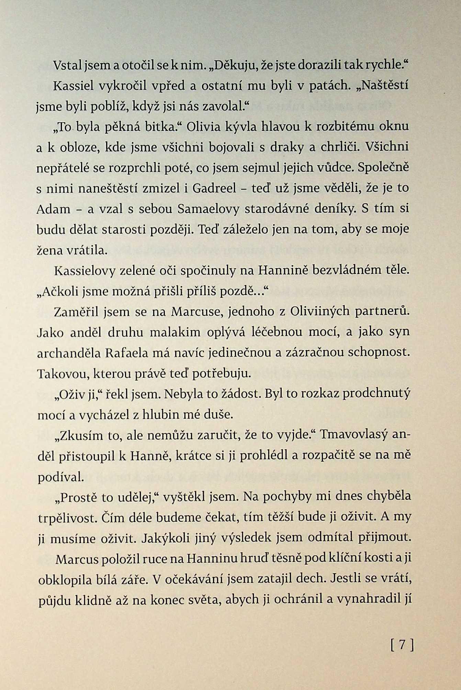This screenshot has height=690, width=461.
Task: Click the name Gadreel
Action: click(x=214, y=189)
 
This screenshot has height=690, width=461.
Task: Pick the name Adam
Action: click(x=53, y=209)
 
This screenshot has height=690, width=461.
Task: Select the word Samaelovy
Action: click(x=208, y=209)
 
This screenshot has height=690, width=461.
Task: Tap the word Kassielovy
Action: click(x=85, y=271)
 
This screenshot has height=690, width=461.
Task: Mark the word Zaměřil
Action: click(x=74, y=312)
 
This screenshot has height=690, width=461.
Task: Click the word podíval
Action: click(x=61, y=477)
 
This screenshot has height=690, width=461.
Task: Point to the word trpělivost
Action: click(x=67, y=518)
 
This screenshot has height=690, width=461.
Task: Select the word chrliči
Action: click(x=340, y=147)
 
